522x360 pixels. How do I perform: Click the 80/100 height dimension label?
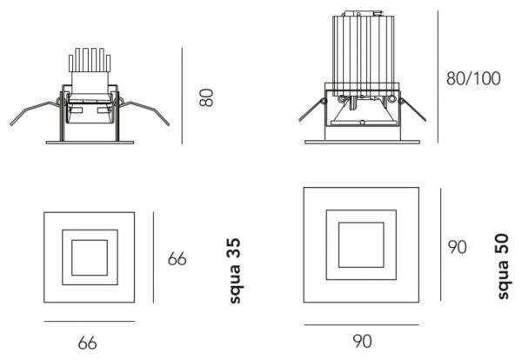coord(473,78)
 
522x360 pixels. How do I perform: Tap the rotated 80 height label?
coord(206,97)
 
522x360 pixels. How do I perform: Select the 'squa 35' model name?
coord(235,270)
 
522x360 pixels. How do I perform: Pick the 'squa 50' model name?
coord(503,266)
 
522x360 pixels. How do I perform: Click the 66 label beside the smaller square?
coord(177,259)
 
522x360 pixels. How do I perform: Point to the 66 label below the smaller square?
coord(88,343)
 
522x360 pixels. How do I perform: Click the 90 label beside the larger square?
coord(457,247)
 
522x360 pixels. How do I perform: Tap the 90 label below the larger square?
coord(362,341)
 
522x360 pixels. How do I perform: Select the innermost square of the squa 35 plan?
coord(90,257)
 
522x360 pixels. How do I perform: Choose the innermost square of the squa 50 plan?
coord(361,245)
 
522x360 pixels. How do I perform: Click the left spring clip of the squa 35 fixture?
coord(35,112)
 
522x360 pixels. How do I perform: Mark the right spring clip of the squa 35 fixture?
coord(144,112)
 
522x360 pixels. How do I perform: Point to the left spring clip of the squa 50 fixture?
coord(312,110)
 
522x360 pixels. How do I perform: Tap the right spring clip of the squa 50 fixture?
coord(412,110)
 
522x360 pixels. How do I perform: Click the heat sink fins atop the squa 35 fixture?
coord(90,60)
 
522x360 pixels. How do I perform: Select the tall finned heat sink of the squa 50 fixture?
coord(363,53)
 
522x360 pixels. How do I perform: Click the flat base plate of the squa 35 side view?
coord(90,143)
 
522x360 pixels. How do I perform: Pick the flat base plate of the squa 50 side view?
coord(362,142)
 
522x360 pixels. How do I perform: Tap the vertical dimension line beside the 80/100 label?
coord(438,77)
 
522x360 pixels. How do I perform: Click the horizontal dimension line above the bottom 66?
coord(90,322)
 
